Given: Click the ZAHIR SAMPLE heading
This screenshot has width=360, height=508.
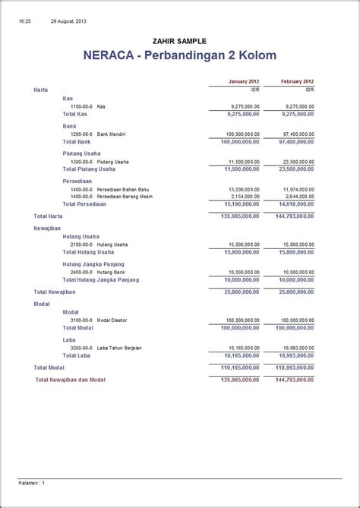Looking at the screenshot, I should pos(179,41).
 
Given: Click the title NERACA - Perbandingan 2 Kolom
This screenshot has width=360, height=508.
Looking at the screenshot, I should pos(179,55).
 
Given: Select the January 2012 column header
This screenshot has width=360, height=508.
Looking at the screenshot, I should pos(244,81).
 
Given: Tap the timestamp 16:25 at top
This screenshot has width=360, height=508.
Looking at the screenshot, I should pos(24,21).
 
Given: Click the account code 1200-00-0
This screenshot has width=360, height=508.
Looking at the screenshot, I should pos(81,134).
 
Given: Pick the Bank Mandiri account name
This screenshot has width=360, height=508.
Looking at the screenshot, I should pos(111,134).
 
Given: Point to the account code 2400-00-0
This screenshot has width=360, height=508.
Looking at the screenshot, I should pos(81,272).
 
